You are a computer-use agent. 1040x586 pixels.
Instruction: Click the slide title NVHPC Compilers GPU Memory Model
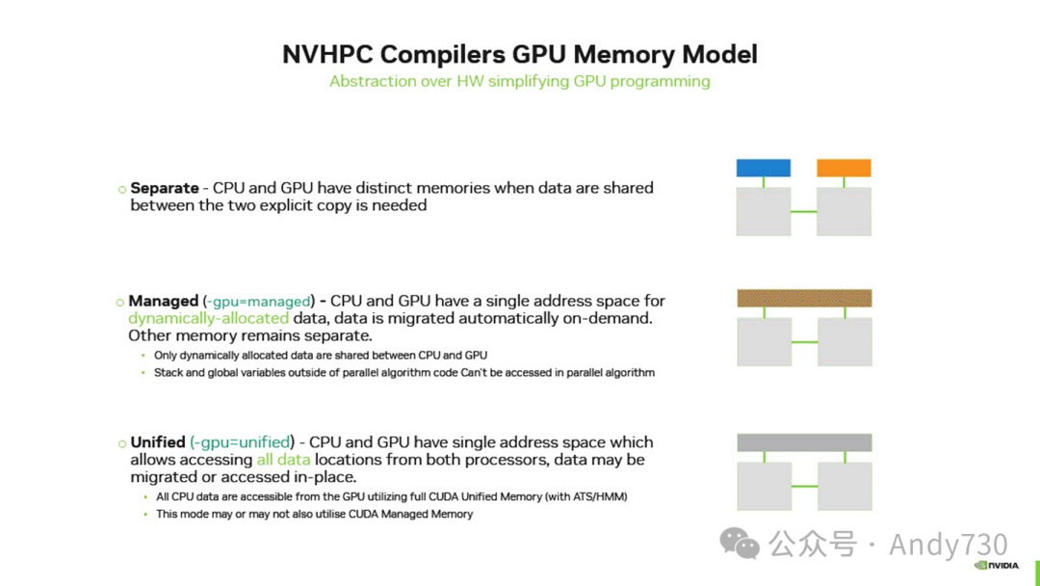pos(520,54)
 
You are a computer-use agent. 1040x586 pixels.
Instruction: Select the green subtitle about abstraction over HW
pos(520,81)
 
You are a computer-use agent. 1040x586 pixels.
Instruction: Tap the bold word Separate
pos(165,188)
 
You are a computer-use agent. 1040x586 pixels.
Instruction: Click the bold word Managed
pos(163,302)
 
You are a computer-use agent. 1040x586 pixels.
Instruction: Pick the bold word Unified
pos(158,442)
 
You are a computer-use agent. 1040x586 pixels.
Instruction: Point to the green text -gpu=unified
pos(242,442)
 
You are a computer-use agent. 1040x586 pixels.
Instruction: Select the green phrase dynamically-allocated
pos(208,318)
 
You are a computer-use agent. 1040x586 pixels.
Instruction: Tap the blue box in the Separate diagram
pos(764,168)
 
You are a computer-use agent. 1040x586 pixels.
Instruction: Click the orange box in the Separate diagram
pos(844,168)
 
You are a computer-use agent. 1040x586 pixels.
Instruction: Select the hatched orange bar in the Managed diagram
pos(804,298)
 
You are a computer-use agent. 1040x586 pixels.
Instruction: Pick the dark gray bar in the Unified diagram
pos(804,442)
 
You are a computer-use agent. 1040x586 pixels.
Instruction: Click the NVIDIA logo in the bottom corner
pos(997,566)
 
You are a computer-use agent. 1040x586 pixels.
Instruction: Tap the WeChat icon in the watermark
pos(740,544)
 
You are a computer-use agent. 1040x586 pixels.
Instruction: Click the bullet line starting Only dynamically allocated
pos(321,355)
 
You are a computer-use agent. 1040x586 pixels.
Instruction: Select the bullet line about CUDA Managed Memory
pos(315,514)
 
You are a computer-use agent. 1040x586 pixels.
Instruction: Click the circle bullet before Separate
pos(122,189)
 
